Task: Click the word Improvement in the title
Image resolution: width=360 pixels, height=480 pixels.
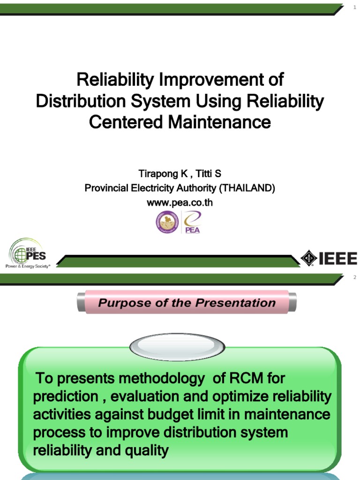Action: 208,80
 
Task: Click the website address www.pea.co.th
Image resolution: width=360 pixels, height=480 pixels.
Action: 180,202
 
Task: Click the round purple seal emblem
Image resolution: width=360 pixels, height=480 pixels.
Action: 167,222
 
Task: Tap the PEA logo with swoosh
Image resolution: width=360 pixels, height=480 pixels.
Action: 192,222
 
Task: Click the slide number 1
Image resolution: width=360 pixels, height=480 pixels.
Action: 355,7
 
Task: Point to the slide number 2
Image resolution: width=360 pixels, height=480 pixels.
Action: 355,277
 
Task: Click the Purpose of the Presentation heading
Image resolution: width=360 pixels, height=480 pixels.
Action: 187,303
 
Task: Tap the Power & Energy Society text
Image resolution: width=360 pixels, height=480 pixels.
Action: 27,266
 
